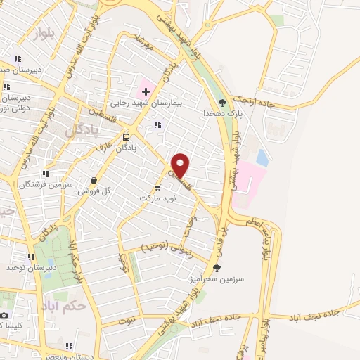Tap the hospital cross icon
tap(146, 91)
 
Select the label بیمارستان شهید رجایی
tap(167, 103)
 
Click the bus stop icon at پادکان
tap(126, 137)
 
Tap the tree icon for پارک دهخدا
tap(223, 101)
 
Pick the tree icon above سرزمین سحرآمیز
tap(217, 268)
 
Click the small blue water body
tap(262, 157)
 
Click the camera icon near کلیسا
tap(4, 314)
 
